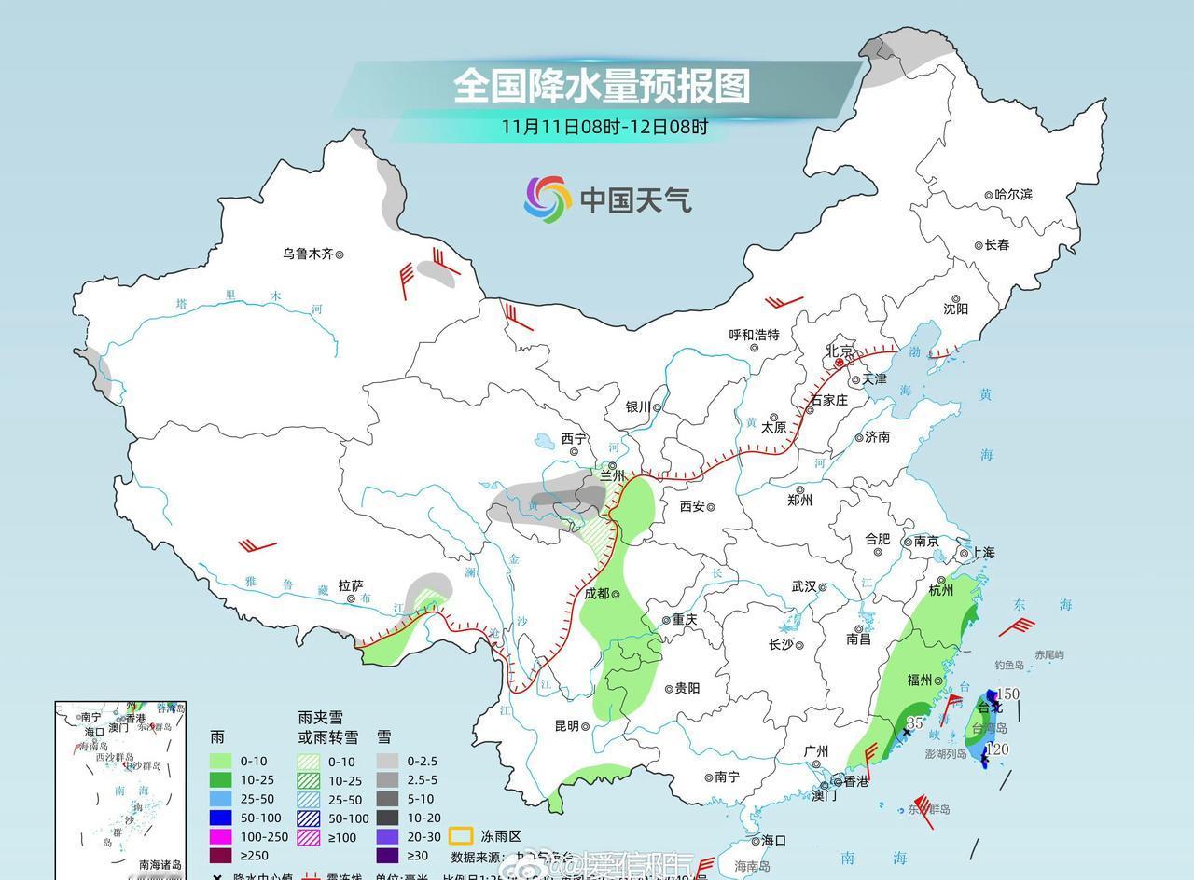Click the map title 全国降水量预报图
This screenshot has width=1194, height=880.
pyautogui.click(x=602, y=86)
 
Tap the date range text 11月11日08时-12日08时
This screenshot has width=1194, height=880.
pyautogui.click(x=604, y=127)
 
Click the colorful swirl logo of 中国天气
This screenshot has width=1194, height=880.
pyautogui.click(x=548, y=199)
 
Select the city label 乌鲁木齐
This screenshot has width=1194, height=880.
pyautogui.click(x=308, y=254)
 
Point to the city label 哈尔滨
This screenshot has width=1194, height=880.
pyautogui.click(x=1013, y=195)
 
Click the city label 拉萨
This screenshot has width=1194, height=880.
pyautogui.click(x=351, y=585)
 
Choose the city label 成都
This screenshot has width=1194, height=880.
pyautogui.click(x=596, y=593)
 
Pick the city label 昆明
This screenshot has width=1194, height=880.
pyautogui.click(x=566, y=726)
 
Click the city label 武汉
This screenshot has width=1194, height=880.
pyautogui.click(x=803, y=586)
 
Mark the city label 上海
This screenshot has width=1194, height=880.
pyautogui.click(x=981, y=552)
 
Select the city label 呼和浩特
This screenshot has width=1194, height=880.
pyautogui.click(x=754, y=335)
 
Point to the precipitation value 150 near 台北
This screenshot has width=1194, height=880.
pyautogui.click(x=1008, y=694)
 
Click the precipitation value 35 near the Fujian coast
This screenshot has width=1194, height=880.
pyautogui.click(x=916, y=722)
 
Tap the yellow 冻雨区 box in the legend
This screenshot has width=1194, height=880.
pyautogui.click(x=460, y=835)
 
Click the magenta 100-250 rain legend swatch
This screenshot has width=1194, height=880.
pyautogui.click(x=220, y=836)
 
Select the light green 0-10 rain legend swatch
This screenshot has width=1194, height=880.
pyautogui.click(x=220, y=762)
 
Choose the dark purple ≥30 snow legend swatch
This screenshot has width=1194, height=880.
pyautogui.click(x=388, y=855)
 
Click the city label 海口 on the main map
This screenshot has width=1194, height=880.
pyautogui.click(x=773, y=840)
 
